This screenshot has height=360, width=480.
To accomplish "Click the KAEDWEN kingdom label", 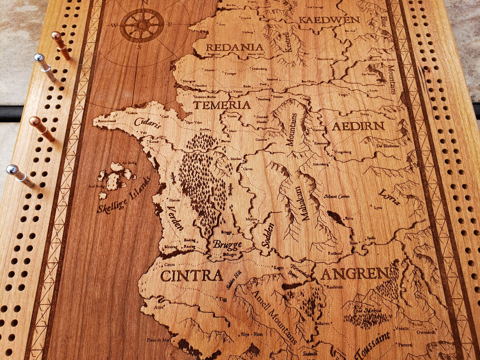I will click(x=329, y=20).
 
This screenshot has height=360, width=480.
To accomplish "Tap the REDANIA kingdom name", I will click(x=235, y=47).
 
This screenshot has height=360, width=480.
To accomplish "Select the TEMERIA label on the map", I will click(x=222, y=105).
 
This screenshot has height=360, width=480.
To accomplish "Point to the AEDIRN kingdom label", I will click(x=358, y=126).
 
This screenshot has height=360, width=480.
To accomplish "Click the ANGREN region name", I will click(x=355, y=274).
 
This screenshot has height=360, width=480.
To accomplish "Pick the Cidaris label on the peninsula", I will click(x=147, y=123).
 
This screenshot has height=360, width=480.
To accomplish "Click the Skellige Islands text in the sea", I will click(x=124, y=196).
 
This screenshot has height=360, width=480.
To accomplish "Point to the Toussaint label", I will click(x=372, y=346).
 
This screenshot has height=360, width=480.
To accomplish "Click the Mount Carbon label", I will click(x=337, y=197).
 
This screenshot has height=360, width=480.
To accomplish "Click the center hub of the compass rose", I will click(x=142, y=25).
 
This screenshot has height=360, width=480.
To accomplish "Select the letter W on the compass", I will click(x=114, y=25).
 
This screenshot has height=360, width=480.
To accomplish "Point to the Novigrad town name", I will click(x=189, y=81).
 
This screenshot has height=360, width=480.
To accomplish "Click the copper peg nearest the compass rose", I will click(x=60, y=44).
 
